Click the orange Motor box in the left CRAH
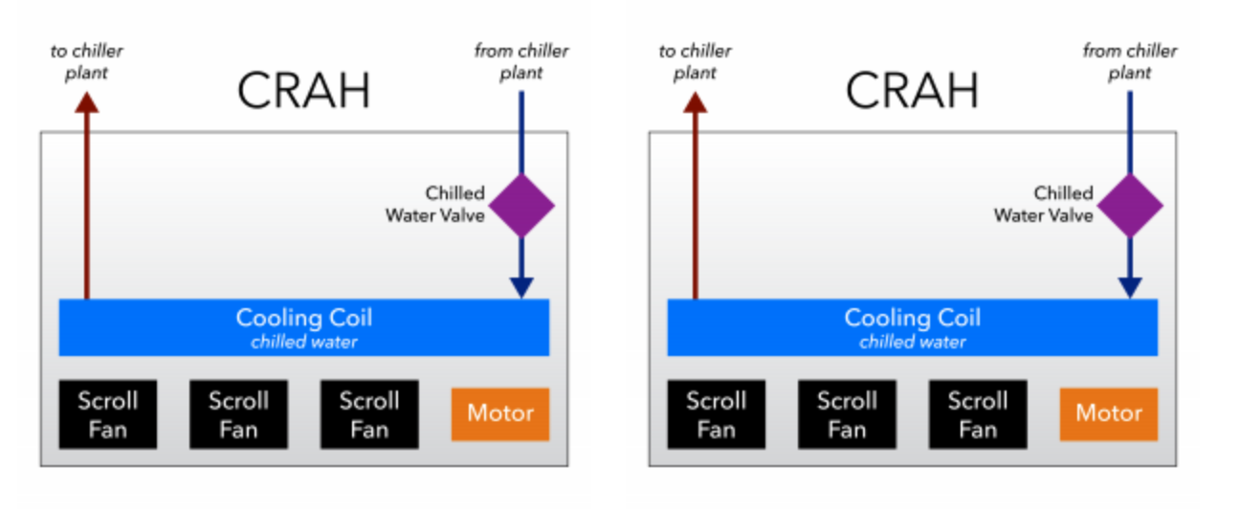click(x=500, y=413)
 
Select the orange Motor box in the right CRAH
click(x=1109, y=413)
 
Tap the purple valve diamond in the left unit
click(x=521, y=206)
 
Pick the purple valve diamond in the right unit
click(x=1130, y=206)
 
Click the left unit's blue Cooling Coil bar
click(x=304, y=327)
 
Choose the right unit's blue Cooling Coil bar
click(x=912, y=327)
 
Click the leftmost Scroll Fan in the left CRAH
click(x=108, y=413)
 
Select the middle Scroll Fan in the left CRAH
click(x=238, y=413)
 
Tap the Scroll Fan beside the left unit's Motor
click(x=369, y=413)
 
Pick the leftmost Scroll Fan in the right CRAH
click(x=717, y=413)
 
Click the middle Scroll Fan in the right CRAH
click(x=847, y=413)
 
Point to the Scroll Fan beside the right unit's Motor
click(x=978, y=413)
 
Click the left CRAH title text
click(x=304, y=90)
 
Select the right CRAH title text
click(x=912, y=90)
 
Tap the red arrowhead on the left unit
click(x=87, y=102)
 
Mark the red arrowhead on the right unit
click(x=696, y=102)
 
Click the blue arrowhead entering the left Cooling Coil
click(x=521, y=287)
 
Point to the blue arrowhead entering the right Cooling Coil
click(x=1130, y=287)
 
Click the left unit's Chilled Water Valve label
click(x=435, y=204)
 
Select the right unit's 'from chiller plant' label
click(x=1130, y=61)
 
